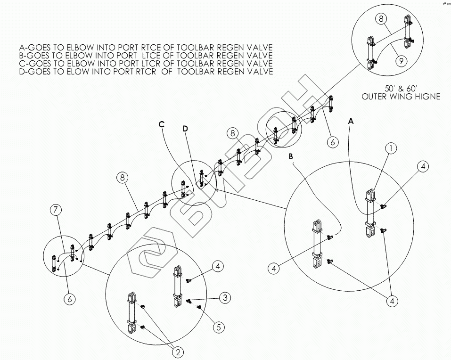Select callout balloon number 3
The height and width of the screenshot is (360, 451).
coord(225,297)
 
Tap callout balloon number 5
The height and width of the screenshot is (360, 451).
coord(218,327)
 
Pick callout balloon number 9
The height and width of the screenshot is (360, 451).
coord(402,61)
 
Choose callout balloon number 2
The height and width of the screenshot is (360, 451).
coord(178,352)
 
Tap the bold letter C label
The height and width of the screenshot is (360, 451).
coord(161,124)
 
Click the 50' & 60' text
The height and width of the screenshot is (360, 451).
coord(401,89)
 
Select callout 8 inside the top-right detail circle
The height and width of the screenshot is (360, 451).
coord(381,19)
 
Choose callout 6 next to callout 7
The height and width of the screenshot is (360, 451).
coord(69,298)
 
